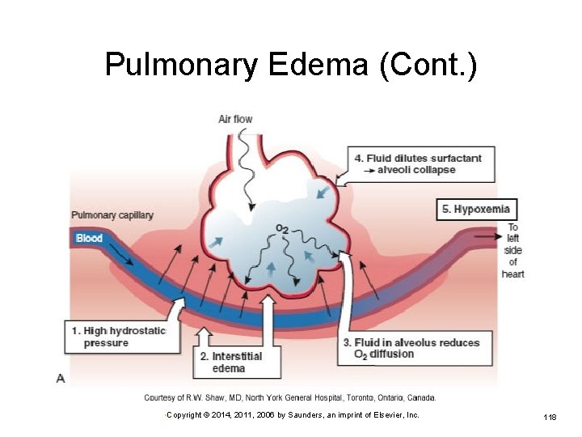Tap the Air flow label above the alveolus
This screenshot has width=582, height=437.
click(235, 119)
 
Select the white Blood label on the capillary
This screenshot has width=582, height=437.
click(89, 238)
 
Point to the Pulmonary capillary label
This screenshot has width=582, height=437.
click(112, 215)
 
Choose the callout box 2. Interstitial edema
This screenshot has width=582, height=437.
click(237, 362)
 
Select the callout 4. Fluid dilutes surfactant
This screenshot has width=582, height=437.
click(417, 163)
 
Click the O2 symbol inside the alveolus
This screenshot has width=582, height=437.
click(282, 230)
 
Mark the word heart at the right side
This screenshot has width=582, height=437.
click(512, 274)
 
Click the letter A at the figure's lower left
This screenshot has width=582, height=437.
click(61, 378)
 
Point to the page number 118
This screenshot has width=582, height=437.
click(550, 417)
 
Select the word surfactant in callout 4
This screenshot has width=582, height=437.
click(457, 158)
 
